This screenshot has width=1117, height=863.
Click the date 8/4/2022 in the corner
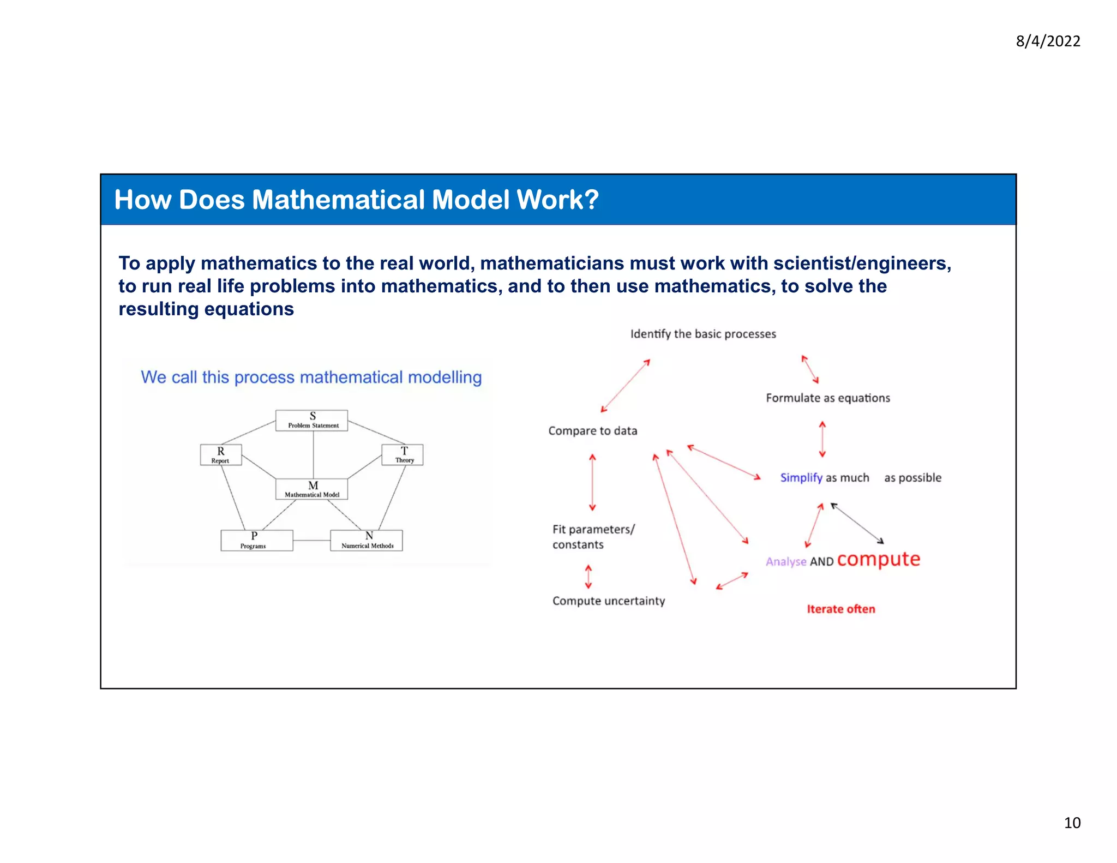pyautogui.click(x=1047, y=41)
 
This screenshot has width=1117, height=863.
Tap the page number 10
pyautogui.click(x=1072, y=823)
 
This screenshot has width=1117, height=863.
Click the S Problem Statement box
pyautogui.click(x=311, y=421)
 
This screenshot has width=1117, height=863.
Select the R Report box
pyautogui.click(x=220, y=454)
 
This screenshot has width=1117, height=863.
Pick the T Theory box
pyautogui.click(x=403, y=454)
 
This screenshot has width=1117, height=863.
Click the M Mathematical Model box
pyautogui.click(x=311, y=489)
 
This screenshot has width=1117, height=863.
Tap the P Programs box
pyautogui.click(x=256, y=540)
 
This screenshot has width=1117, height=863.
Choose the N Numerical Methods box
pyautogui.click(x=367, y=540)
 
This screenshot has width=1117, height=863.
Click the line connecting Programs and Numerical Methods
pyautogui.click(x=311, y=541)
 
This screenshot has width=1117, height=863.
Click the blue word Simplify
pyautogui.click(x=801, y=478)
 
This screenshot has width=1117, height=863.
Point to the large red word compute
pyautogui.click(x=878, y=560)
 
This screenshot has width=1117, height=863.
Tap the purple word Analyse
pyautogui.click(x=785, y=562)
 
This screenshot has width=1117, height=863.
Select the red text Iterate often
pyautogui.click(x=840, y=609)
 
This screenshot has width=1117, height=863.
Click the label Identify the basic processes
pyautogui.click(x=703, y=334)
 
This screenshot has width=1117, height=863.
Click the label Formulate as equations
pyautogui.click(x=827, y=398)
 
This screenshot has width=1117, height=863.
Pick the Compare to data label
pyautogui.click(x=592, y=431)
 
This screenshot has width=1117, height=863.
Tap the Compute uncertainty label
pyautogui.click(x=608, y=601)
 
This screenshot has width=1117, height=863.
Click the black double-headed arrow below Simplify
pyautogui.click(x=857, y=524)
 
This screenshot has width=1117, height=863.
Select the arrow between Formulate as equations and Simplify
pyautogui.click(x=822, y=439)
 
